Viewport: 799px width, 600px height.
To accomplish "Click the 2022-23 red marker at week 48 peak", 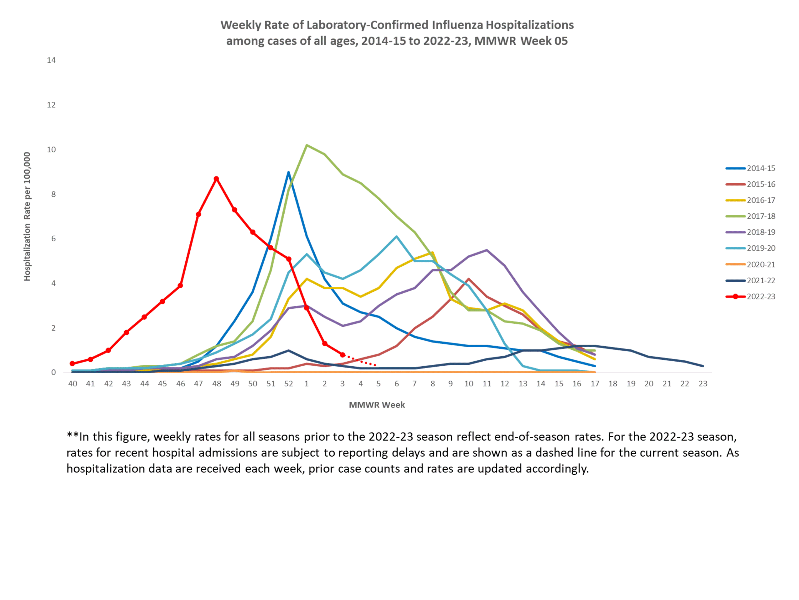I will pos(216,179).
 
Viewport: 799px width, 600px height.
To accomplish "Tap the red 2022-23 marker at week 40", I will pos(72,363).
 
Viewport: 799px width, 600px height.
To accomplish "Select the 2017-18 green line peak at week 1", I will pos(306,145).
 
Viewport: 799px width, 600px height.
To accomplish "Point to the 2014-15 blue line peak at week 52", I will pos(288,172).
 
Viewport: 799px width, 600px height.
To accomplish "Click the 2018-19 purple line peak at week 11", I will pos(487,250).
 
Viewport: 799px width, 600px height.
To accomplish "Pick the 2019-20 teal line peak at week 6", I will pos(396,237).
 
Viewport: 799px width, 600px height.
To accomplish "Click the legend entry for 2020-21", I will pos(761,264).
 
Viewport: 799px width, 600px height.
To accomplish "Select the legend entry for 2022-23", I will pos(761,297).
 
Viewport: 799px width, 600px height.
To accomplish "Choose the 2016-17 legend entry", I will pos(761,200).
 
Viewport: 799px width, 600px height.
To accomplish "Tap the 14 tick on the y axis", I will pos(51,60).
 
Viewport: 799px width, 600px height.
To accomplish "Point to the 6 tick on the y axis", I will pos(54,238).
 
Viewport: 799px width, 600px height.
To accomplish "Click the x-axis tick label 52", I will pos(288,384).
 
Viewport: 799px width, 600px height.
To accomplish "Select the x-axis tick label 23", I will pos(702,384).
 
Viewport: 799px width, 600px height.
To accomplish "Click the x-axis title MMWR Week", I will pos(377,405).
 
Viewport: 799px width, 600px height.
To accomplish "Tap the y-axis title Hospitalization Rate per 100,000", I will pos(27,216).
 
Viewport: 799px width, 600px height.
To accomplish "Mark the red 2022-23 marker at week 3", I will pos(342,355).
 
